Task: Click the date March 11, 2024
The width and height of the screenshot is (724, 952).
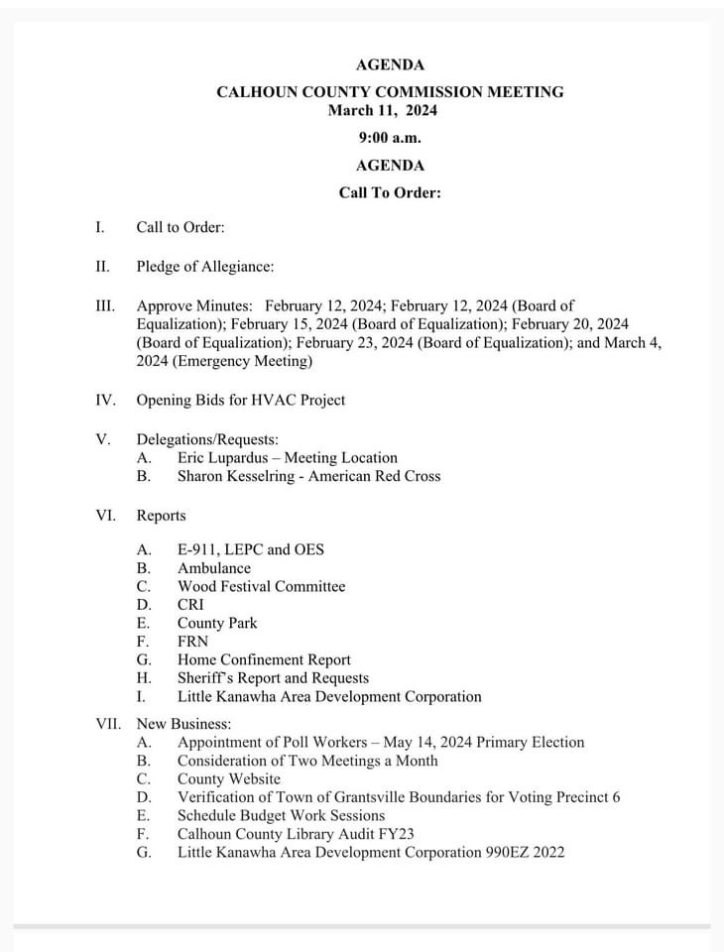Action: [383, 110]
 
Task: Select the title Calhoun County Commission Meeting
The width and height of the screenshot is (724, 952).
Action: [390, 91]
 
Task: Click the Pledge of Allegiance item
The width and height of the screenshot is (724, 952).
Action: [204, 266]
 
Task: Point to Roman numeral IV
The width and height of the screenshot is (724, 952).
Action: [105, 400]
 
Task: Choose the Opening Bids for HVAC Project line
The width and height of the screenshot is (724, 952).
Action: [241, 400]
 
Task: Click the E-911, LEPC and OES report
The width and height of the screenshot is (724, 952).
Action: [250, 549]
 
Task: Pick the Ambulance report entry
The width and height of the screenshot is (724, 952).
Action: [214, 568]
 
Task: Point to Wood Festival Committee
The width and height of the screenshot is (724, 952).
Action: [261, 586]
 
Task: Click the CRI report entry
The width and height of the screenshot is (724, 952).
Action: [191, 604]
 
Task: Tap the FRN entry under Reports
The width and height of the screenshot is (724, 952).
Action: [192, 641]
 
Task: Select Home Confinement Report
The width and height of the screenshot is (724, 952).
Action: [264, 659]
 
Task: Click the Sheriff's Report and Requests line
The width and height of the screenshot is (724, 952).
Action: [273, 677]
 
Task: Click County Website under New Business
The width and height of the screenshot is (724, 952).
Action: [228, 778]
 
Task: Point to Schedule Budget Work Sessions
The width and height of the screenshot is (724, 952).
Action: [281, 815]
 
